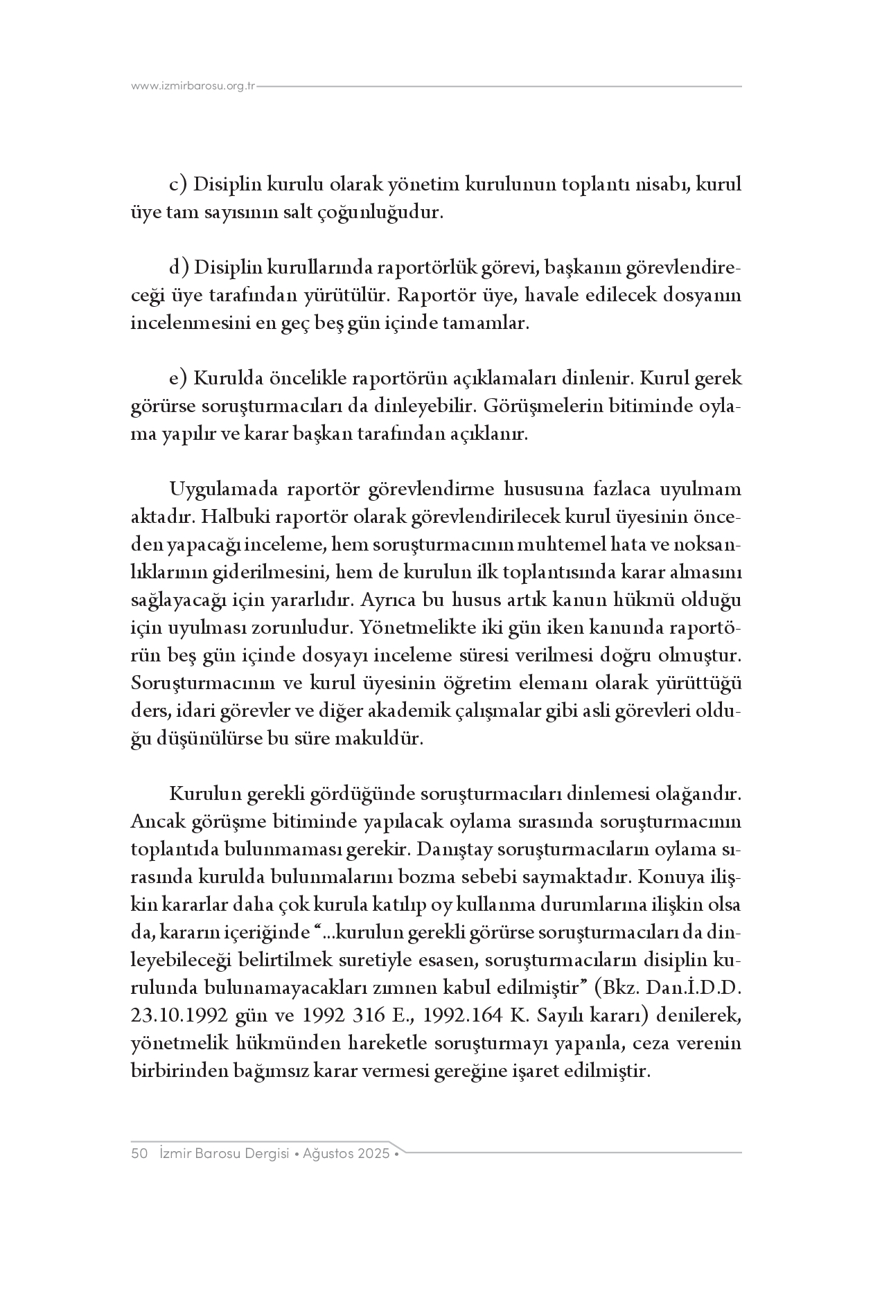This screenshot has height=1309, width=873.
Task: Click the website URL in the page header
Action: pyautogui.click(x=193, y=87)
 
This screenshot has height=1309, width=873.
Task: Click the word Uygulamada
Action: pyautogui.click(x=223, y=490)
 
